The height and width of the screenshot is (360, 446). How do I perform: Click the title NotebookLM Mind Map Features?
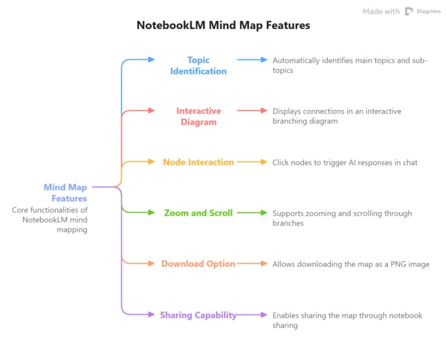(x=223, y=25)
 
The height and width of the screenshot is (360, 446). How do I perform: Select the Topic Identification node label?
(x=198, y=65)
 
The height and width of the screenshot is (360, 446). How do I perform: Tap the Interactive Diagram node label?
(x=198, y=116)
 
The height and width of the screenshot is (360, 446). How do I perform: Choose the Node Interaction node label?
(x=198, y=162)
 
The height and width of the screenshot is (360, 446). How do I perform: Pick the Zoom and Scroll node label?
(x=198, y=213)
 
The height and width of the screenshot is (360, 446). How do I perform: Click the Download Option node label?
(x=198, y=264)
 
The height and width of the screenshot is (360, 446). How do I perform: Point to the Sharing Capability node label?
(x=198, y=315)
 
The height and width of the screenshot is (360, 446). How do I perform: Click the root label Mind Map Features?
(x=65, y=193)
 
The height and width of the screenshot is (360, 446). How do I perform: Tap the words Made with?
(x=381, y=11)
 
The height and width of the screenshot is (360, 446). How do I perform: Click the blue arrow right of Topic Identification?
(x=252, y=60)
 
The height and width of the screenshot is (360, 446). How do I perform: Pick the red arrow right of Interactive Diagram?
(x=252, y=111)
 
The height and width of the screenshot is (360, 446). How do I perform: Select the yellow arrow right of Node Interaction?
(x=252, y=162)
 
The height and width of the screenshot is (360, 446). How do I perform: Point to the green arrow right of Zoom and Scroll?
(x=252, y=213)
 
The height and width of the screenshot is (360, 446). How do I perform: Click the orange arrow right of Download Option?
(x=252, y=264)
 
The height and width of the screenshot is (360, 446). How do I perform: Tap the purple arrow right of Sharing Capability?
(x=252, y=315)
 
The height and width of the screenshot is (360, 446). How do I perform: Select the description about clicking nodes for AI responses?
(x=344, y=162)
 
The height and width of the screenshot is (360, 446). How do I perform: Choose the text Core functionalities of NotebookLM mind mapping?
(x=50, y=220)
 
